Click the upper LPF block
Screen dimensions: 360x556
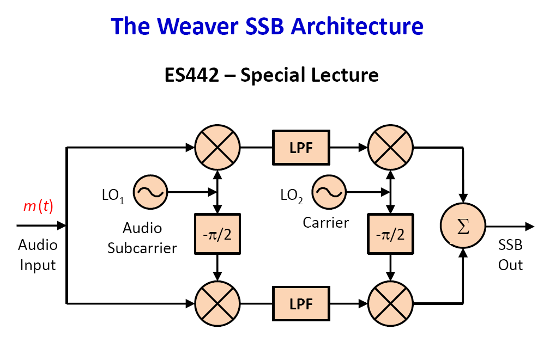[301, 148]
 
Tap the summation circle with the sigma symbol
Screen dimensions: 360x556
[463, 227]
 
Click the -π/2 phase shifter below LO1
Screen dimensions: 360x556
[217, 233]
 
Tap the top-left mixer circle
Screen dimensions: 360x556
[217, 148]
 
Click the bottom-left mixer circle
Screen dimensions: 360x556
[217, 302]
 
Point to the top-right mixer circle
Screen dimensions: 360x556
[390, 148]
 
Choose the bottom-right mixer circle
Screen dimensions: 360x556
[390, 302]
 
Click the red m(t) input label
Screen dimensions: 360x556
[38, 206]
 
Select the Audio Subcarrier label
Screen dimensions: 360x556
[142, 238]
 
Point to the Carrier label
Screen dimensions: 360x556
[325, 222]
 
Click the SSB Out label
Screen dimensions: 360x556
[510, 255]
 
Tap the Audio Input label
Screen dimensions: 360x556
[38, 255]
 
